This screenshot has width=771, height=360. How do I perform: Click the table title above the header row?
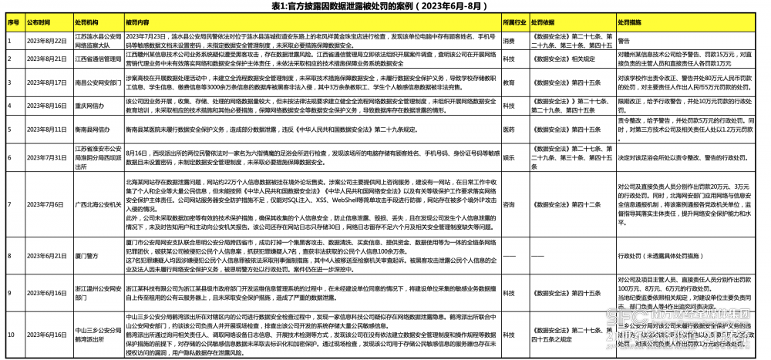385,6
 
